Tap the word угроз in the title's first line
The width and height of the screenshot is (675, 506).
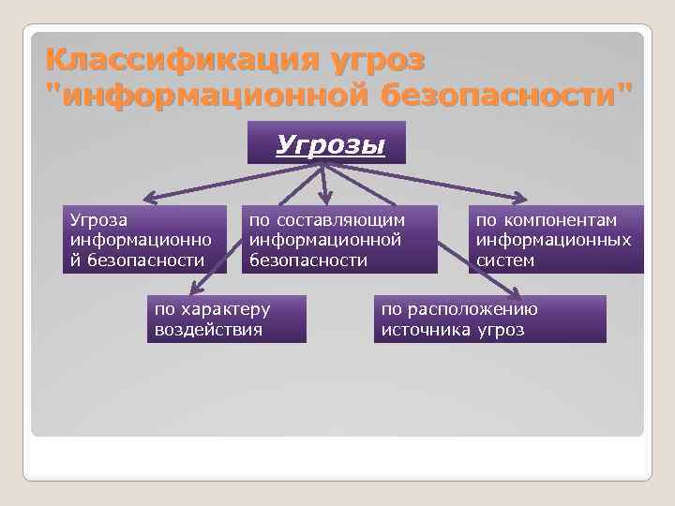pyautogui.click(x=374, y=60)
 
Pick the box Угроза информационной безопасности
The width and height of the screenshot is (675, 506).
pyautogui.click(x=145, y=240)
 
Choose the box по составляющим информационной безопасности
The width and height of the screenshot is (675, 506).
pyautogui.click(x=339, y=240)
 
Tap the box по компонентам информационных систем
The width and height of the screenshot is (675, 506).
pyautogui.click(x=556, y=240)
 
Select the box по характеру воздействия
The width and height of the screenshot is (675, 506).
pyautogui.click(x=226, y=319)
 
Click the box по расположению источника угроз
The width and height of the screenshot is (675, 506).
pyautogui.click(x=489, y=319)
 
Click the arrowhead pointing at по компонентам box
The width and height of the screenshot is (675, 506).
pyautogui.click(x=520, y=198)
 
